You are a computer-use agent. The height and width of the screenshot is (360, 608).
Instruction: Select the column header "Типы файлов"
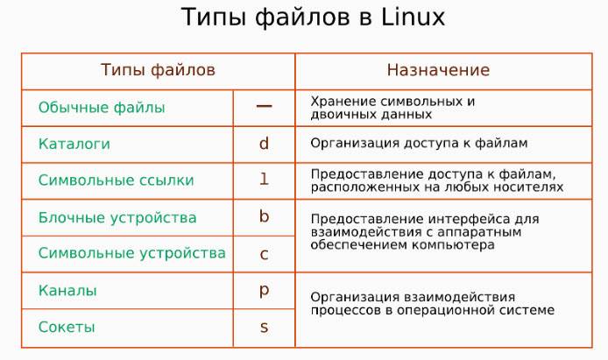[x=158, y=70]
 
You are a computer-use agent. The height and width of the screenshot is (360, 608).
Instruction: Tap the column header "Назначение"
[x=438, y=70]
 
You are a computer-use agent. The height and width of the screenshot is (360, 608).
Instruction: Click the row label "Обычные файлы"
[x=102, y=108]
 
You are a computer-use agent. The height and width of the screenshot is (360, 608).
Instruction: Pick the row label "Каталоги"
[x=74, y=144]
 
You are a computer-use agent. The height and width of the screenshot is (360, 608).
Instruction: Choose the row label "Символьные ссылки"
[x=116, y=180]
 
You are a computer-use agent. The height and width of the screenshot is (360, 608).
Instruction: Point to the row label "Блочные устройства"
[x=117, y=217]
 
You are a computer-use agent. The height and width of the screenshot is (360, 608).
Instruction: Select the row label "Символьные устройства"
[x=131, y=254]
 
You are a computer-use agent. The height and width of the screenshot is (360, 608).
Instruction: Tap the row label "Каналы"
[x=67, y=290]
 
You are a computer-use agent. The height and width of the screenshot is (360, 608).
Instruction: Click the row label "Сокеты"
[x=67, y=327]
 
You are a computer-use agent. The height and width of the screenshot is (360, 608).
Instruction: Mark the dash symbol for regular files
[x=264, y=106]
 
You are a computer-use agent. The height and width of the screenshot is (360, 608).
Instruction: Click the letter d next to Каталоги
[x=264, y=143]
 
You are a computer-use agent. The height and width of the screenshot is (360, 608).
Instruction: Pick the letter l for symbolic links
[x=264, y=180]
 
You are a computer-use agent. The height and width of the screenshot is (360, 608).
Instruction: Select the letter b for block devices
[x=264, y=216]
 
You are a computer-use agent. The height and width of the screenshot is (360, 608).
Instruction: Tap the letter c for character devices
[x=264, y=254]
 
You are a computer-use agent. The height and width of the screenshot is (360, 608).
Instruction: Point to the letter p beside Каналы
[x=264, y=291]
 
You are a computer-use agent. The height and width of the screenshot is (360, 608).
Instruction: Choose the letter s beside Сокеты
[x=264, y=328]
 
